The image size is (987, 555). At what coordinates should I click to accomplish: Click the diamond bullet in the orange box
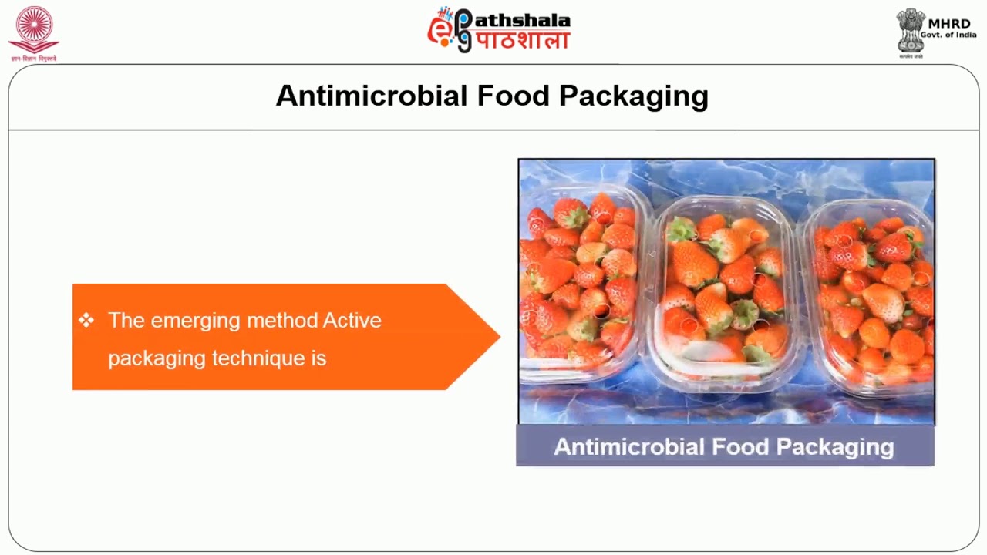(86, 320)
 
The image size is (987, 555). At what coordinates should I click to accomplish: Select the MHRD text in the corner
(949, 24)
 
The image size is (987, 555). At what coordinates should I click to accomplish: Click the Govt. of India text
(948, 35)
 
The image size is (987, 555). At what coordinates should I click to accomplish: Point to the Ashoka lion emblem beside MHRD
(910, 31)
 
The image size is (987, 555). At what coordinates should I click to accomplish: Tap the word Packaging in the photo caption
(835, 447)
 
